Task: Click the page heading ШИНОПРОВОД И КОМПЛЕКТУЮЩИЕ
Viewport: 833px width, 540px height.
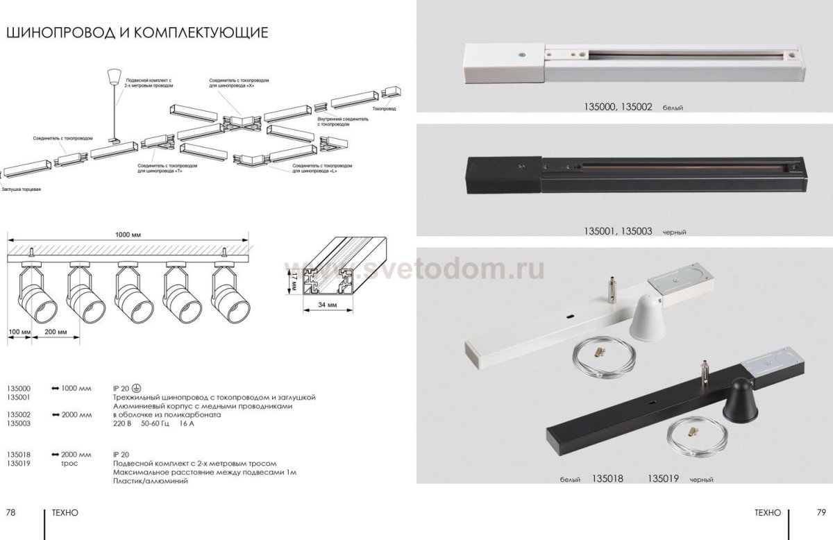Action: pos(137,33)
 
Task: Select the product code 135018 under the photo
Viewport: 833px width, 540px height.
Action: pos(608,479)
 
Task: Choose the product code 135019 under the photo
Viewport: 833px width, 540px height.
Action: pos(663,479)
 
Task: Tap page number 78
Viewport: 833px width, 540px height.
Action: pos(11,512)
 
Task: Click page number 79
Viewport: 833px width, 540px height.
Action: pos(821,512)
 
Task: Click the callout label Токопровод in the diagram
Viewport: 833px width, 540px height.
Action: pos(383,109)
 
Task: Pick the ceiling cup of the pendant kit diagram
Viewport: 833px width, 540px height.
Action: pos(113,74)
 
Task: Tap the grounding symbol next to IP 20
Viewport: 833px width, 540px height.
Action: pos(137,388)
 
